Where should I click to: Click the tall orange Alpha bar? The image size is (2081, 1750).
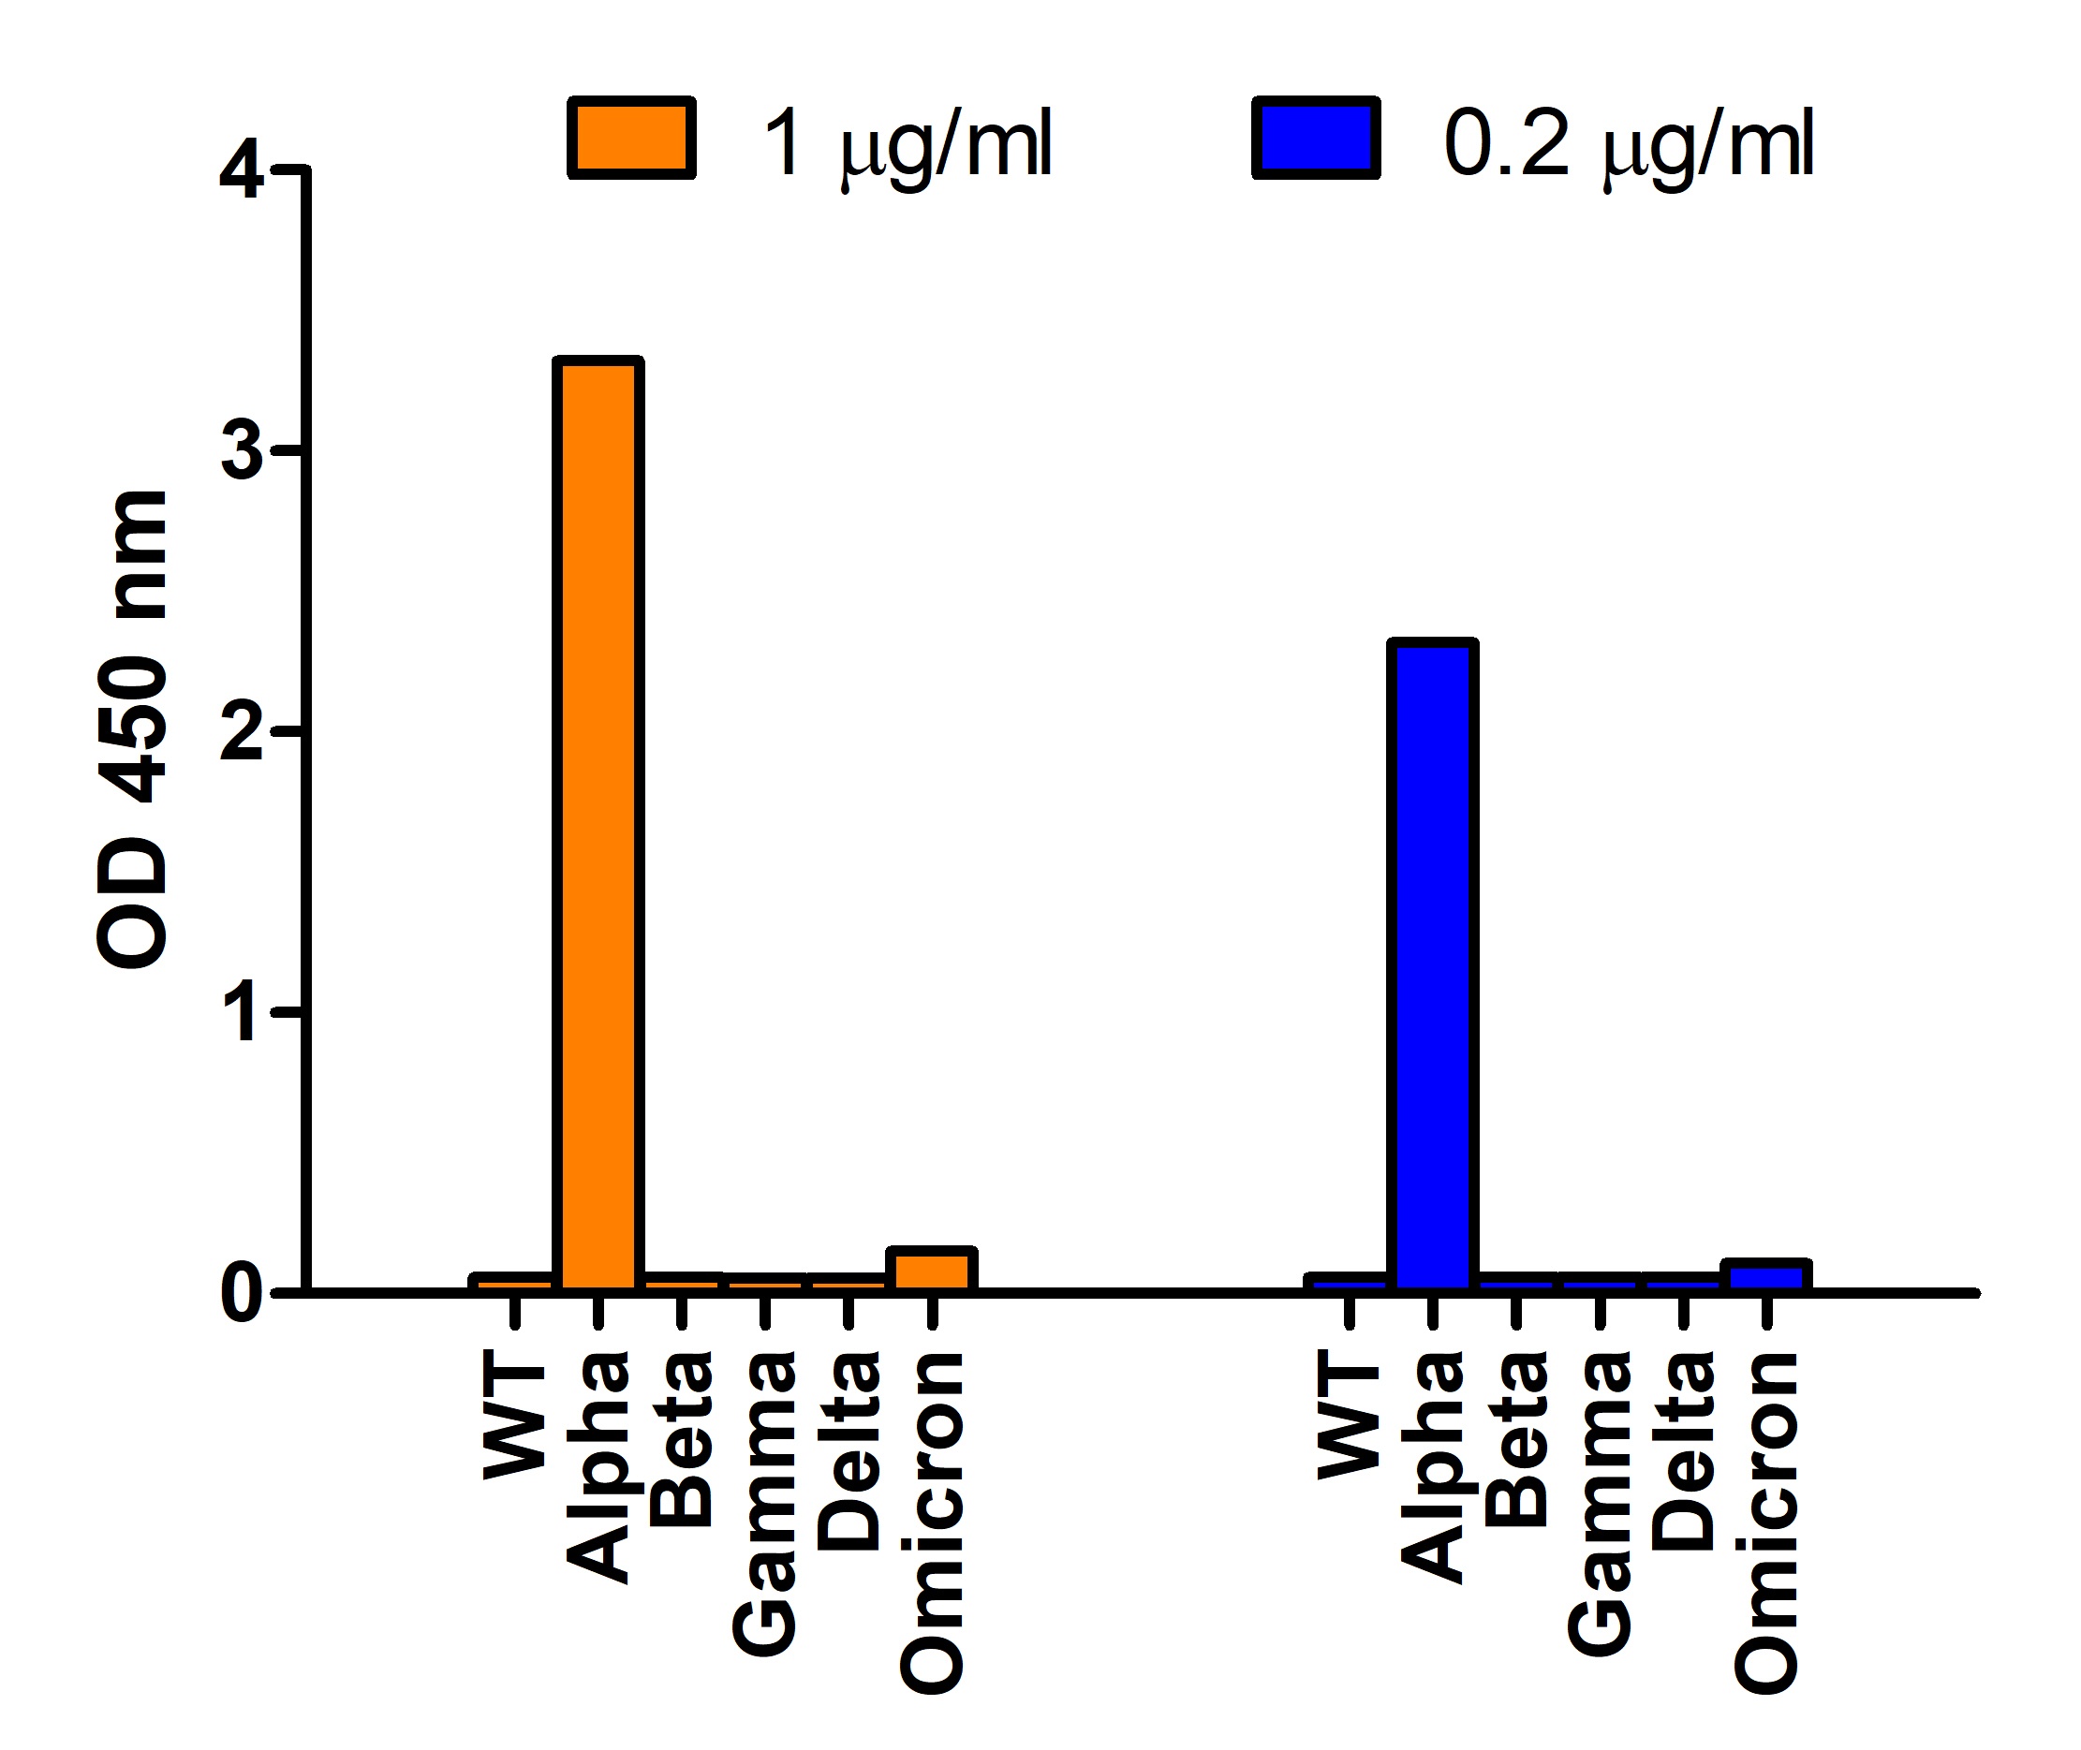click(598, 823)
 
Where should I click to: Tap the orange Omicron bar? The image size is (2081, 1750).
click(932, 1271)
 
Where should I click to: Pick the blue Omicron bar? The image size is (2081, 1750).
click(1766, 1277)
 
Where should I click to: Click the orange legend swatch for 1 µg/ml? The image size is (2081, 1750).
click(631, 138)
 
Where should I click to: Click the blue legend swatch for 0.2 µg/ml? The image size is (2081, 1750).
click(1316, 138)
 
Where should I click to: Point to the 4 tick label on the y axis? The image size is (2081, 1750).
click(241, 170)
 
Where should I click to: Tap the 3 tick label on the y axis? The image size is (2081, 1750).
click(241, 452)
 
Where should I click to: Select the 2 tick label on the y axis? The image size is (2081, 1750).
click(241, 733)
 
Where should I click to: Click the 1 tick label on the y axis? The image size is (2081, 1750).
click(241, 1013)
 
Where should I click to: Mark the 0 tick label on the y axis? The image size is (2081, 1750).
click(241, 1294)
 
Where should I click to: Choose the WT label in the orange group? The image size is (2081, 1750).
click(514, 1419)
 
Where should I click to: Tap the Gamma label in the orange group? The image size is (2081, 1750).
click(764, 1503)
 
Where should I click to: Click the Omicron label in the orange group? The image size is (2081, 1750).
click(932, 1522)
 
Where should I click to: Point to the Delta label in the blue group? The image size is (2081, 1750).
click(1683, 1451)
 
